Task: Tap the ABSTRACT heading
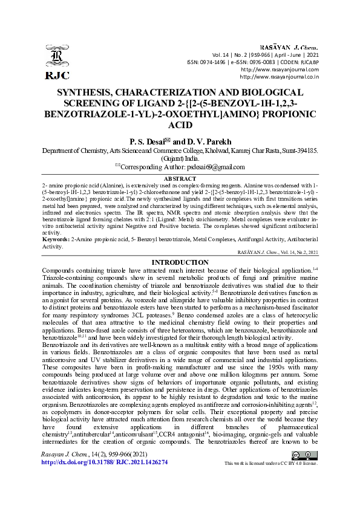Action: [x=180, y=179]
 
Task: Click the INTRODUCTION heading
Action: [x=180, y=262]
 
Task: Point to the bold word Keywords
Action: [x=56, y=240]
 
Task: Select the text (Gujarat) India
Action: [x=180, y=157]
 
